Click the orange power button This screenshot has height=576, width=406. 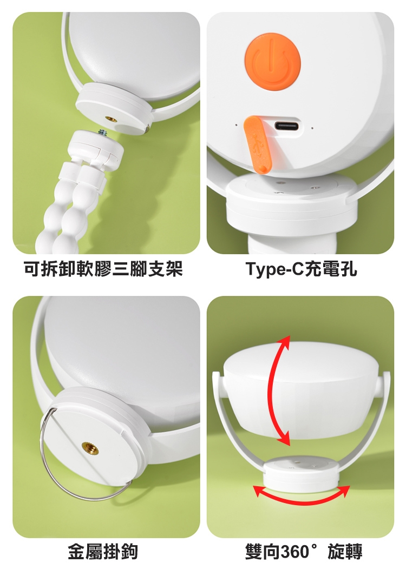click(272, 61)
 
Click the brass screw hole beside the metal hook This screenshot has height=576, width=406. click(88, 448)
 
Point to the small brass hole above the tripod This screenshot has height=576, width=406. click(110, 119)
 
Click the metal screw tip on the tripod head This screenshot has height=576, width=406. click(102, 131)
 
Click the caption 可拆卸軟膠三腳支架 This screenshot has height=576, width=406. click(103, 269)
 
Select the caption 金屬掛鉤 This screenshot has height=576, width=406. click(103, 552)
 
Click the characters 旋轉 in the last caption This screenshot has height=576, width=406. click(345, 552)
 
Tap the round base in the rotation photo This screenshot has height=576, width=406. click(301, 474)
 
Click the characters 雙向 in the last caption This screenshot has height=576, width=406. click(263, 552)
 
